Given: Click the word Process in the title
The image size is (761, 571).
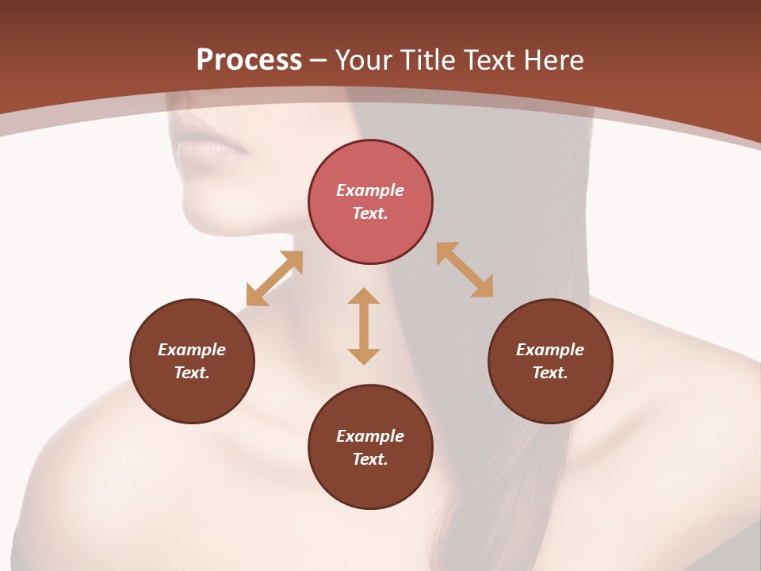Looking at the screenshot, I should pos(249,60).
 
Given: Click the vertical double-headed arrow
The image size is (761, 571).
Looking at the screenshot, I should pos(364,326).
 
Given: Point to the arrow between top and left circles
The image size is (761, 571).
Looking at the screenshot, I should pos(274,278).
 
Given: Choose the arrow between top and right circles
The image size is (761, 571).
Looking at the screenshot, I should pos(465,270).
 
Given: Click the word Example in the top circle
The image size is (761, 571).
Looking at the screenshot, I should pos(370,190).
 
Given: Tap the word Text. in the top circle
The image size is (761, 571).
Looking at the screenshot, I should pos(370,213).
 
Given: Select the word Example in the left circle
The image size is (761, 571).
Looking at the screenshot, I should pos(192,350).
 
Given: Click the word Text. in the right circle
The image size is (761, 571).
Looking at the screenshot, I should pos(550,373).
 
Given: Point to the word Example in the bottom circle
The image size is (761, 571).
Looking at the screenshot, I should pos(370,436).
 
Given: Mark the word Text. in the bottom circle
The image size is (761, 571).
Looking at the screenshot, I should pos(370,459).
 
